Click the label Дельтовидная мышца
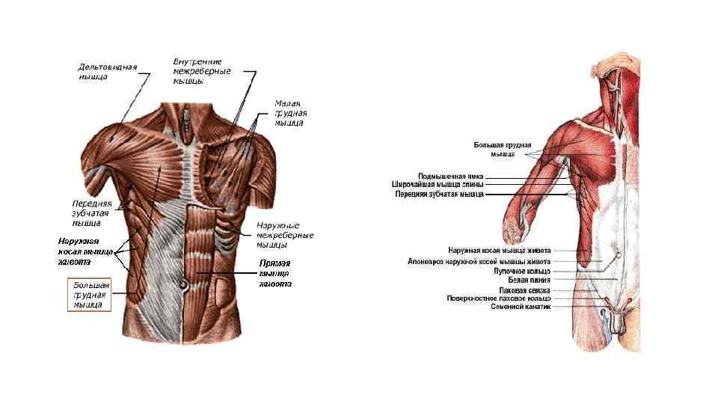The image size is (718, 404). [x=108, y=72]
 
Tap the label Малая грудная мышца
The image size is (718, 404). [x=290, y=113]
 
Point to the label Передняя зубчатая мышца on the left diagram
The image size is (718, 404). [x=91, y=212]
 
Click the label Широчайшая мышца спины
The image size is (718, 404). [x=438, y=184]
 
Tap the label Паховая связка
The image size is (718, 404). [x=524, y=290]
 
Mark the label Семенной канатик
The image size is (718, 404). [x=521, y=307]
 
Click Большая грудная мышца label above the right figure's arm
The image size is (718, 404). [x=503, y=149]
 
